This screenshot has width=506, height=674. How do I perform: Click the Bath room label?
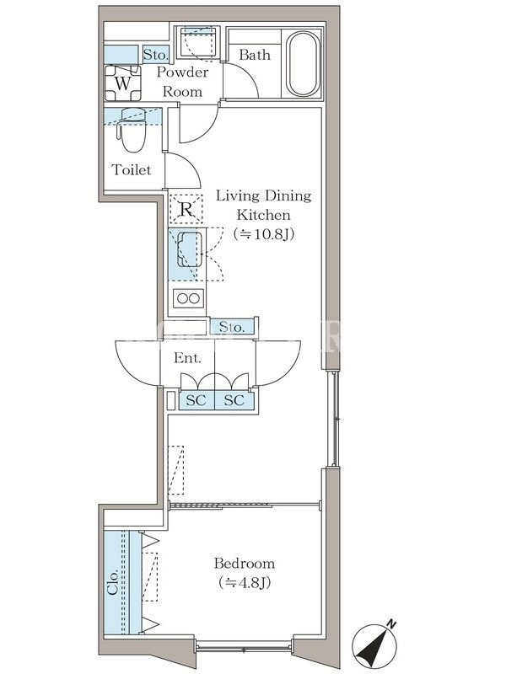(x=255, y=55)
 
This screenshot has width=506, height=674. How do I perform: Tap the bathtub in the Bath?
(x=304, y=64)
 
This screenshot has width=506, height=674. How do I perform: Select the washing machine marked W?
(x=122, y=83)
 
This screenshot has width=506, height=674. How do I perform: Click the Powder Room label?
(x=182, y=82)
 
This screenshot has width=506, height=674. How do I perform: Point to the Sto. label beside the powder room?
(x=155, y=55)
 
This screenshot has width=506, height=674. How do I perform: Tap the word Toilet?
(x=132, y=170)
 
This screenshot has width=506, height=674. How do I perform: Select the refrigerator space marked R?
(x=186, y=209)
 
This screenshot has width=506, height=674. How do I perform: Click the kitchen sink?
(x=187, y=254)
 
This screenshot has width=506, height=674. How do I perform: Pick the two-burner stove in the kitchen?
(x=188, y=298)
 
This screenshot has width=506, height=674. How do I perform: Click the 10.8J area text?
(x=263, y=234)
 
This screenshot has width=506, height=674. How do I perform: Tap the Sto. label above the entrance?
(x=231, y=327)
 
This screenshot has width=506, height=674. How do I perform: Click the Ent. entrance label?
(x=187, y=358)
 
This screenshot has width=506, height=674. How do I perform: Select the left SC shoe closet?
(x=196, y=400)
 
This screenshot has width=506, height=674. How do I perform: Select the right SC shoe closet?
(x=234, y=400)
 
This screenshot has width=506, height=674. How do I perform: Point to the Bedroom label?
(x=245, y=563)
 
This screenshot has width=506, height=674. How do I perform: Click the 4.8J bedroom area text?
(x=245, y=583)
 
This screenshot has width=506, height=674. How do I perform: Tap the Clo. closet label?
(x=113, y=583)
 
